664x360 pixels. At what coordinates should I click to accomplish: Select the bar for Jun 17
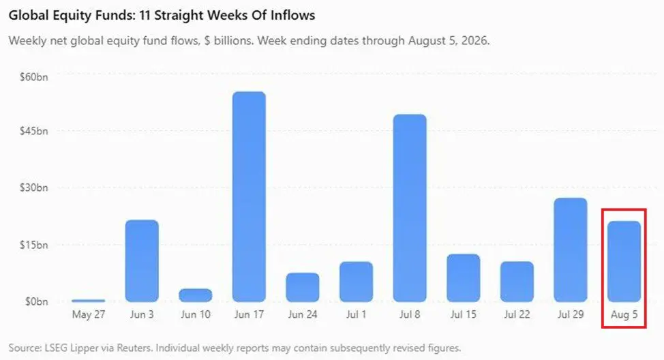pyautogui.click(x=249, y=196)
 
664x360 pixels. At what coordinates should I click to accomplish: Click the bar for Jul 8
pyautogui.click(x=410, y=208)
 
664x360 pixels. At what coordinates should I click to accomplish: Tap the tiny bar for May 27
pyautogui.click(x=88, y=301)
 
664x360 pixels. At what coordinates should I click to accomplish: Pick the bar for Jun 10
pyautogui.click(x=195, y=295)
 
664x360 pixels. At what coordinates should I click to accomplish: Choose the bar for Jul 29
pyautogui.click(x=571, y=250)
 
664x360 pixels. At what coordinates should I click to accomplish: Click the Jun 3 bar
pyautogui.click(x=142, y=261)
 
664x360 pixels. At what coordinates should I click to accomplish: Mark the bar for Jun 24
pyautogui.click(x=303, y=287)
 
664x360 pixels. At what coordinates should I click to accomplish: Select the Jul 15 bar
pyautogui.click(x=464, y=277)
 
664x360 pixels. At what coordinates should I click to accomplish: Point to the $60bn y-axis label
pyautogui.click(x=34, y=77)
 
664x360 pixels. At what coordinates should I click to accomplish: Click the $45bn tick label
pyautogui.click(x=34, y=131)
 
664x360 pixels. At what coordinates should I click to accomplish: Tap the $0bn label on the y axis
pyautogui.click(x=36, y=301)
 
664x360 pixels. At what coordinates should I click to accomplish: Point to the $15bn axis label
pyautogui.click(x=34, y=245)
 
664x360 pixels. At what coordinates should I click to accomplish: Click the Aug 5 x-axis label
pyautogui.click(x=624, y=315)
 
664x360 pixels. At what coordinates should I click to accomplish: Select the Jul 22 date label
pyautogui.click(x=517, y=315)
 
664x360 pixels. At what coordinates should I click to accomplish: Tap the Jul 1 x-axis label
pyautogui.click(x=356, y=315)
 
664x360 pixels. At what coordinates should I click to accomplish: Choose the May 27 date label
pyautogui.click(x=88, y=315)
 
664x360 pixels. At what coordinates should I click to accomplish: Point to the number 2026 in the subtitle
pyautogui.click(x=474, y=41)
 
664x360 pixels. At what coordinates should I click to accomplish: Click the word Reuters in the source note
pyautogui.click(x=134, y=348)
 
